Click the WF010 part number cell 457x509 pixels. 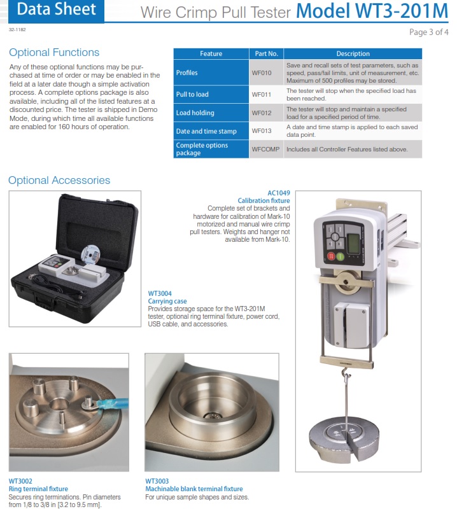262,73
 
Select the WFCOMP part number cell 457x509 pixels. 265,150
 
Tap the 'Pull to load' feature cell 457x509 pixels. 211,94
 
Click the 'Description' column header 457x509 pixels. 353,53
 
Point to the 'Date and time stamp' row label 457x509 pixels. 206,131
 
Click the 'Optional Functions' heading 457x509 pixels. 54,53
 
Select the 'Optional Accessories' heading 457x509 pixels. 59,180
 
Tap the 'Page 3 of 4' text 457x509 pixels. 429,32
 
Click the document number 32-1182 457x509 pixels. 17,29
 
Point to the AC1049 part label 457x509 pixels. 279,193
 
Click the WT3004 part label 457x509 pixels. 160,293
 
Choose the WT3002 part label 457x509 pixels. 20,481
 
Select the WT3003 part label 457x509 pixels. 157,481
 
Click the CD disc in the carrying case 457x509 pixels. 90,254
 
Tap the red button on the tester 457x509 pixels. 331,256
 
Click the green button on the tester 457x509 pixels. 340,257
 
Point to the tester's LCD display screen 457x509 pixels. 353,243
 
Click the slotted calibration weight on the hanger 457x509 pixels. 344,439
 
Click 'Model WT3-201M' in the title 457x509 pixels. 372,11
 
